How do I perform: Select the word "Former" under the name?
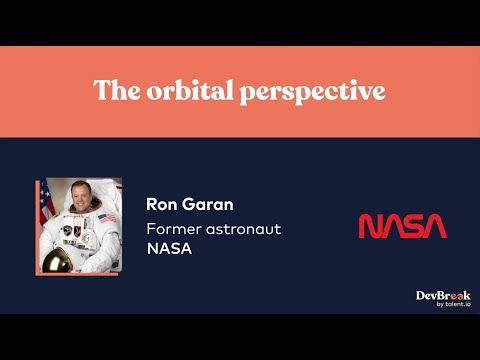176,229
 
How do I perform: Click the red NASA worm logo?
402,227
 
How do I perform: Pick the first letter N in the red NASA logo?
369,227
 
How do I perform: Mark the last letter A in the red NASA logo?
436,227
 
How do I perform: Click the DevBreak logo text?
443,296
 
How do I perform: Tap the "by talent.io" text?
451,306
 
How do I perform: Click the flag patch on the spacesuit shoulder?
107,218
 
